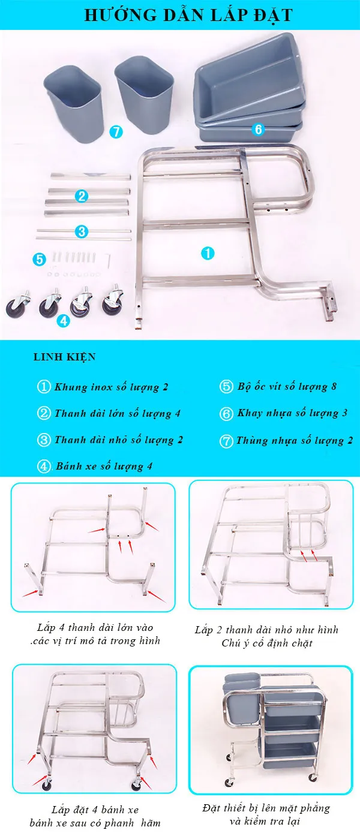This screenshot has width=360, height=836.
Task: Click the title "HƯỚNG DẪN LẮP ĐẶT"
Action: [180, 14]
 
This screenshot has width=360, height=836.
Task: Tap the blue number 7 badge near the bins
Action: [116, 132]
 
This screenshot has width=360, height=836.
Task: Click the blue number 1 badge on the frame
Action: [207, 253]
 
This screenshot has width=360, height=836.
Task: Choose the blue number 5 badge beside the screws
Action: [40, 259]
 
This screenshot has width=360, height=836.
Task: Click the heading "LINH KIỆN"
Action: [64, 357]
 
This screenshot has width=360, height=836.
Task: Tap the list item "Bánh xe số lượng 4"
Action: [100, 466]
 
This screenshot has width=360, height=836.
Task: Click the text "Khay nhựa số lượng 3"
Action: [292, 413]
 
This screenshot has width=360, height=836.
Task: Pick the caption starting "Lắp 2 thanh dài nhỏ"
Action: [266, 636]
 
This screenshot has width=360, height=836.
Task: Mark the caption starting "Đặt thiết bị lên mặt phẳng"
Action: [267, 815]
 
